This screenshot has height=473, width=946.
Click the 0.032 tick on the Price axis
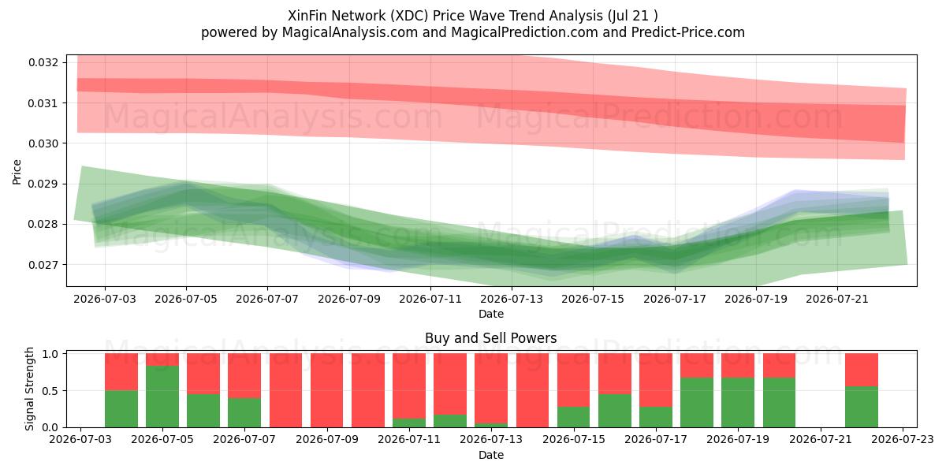43,62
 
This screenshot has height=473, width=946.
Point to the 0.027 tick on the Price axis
43,265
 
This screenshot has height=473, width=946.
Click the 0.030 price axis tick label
43,143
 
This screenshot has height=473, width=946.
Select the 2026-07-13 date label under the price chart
512,299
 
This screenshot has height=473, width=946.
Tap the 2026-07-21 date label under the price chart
837,299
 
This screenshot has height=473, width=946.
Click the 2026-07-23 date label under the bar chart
903,439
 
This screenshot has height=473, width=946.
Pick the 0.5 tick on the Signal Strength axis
50,391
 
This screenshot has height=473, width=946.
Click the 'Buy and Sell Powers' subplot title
490,338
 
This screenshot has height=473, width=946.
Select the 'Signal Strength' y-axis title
29,389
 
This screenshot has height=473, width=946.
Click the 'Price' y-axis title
17,172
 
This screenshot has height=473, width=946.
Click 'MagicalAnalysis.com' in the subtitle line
350,32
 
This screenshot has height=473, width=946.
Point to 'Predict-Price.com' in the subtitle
688,32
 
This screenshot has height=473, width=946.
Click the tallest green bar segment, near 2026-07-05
162,396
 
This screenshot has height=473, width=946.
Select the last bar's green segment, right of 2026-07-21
862,407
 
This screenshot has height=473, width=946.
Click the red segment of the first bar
121,371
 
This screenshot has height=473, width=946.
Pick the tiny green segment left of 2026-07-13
490,425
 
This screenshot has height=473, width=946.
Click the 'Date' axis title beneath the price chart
490,314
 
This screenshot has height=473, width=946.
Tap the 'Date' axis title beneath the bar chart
490,455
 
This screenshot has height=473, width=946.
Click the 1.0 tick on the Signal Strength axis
50,353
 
